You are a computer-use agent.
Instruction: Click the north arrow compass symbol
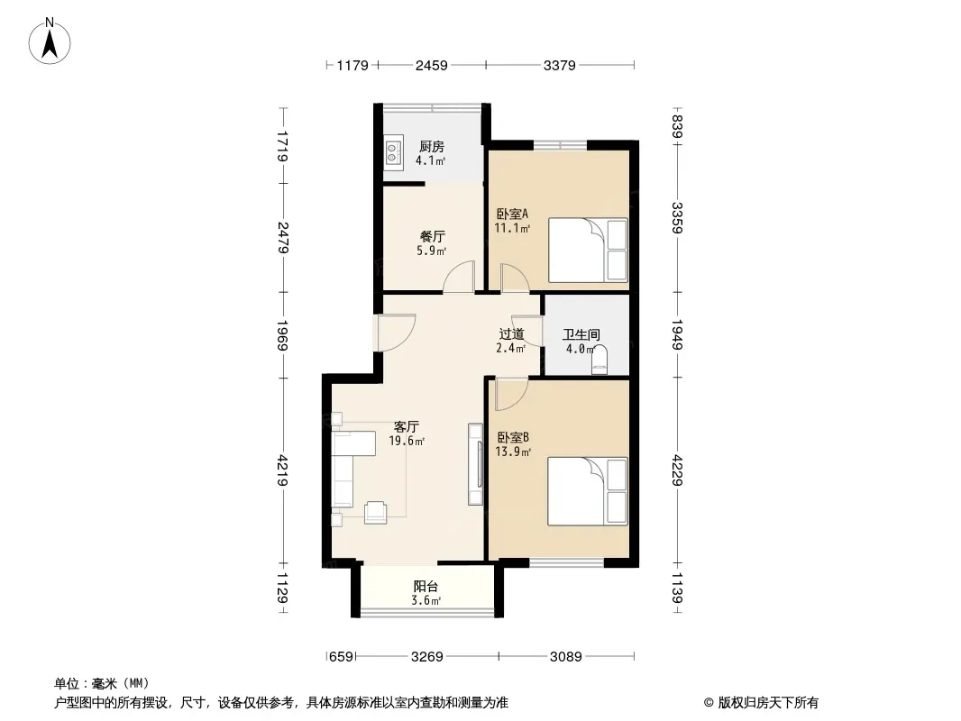pos(50,41)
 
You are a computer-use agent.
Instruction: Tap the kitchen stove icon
pos(392,152)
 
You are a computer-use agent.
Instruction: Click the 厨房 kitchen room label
pos(432,147)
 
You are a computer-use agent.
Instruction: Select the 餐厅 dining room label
pos(432,236)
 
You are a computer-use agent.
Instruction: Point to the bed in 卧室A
pos(588,250)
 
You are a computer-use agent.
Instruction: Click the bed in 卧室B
pos(588,490)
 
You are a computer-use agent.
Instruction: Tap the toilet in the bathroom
pos(599,360)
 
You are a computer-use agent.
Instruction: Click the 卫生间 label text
pos(581,334)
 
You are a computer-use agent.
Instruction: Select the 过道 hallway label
pos(511,333)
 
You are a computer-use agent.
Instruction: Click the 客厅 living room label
pos(407,426)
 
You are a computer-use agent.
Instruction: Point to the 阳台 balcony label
pos(426,586)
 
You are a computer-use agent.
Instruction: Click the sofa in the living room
pos(352,468)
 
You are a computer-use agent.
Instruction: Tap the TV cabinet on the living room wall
pos(476,464)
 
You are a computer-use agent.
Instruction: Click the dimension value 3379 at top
pos(560,65)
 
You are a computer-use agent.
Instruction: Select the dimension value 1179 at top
pos(352,65)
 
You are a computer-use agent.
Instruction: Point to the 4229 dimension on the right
pos(677,470)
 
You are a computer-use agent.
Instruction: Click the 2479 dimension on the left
pos(282,238)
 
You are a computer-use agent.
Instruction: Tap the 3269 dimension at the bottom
pos(427,657)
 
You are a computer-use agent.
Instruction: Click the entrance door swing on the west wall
pos(396,333)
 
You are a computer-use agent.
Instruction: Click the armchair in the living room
pos(375,512)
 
